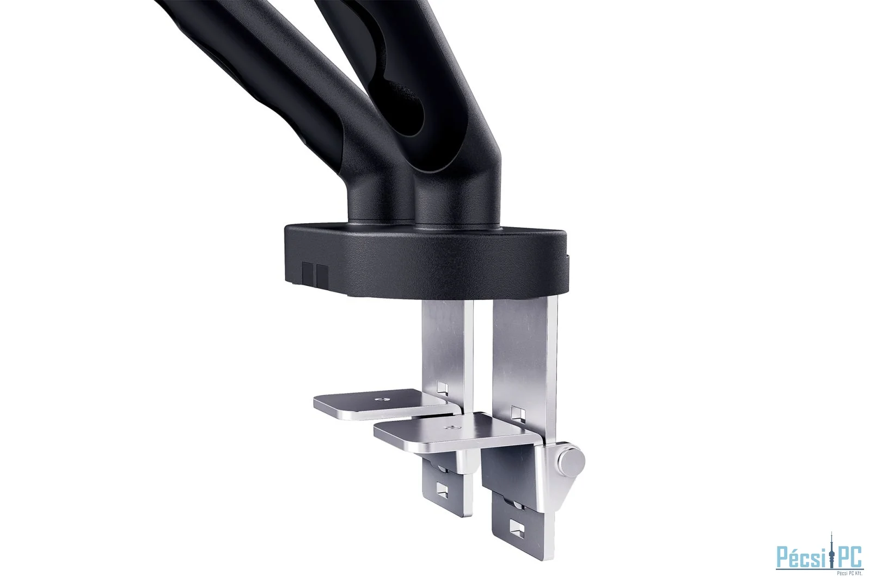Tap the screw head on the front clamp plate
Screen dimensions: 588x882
tap(450, 428)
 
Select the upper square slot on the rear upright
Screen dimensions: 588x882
tap(443, 388)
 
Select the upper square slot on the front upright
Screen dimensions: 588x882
tap(517, 413)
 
